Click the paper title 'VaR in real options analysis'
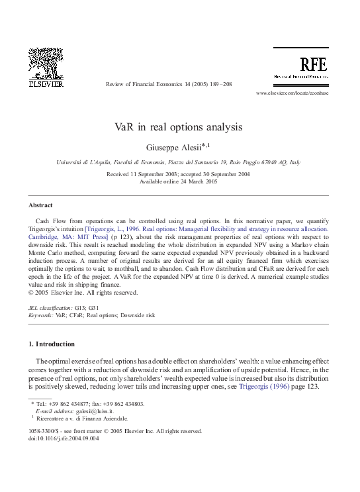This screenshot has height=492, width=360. coord(179,126)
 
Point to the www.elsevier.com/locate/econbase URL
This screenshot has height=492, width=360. coord(291,93)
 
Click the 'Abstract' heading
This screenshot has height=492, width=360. coord(40,205)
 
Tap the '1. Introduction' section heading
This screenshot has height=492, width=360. coord(51,344)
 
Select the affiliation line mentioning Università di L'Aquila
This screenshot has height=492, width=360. coord(179,162)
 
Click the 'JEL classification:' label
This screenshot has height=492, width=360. coord(50,309)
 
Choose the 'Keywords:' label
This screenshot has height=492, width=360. coord(41,316)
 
